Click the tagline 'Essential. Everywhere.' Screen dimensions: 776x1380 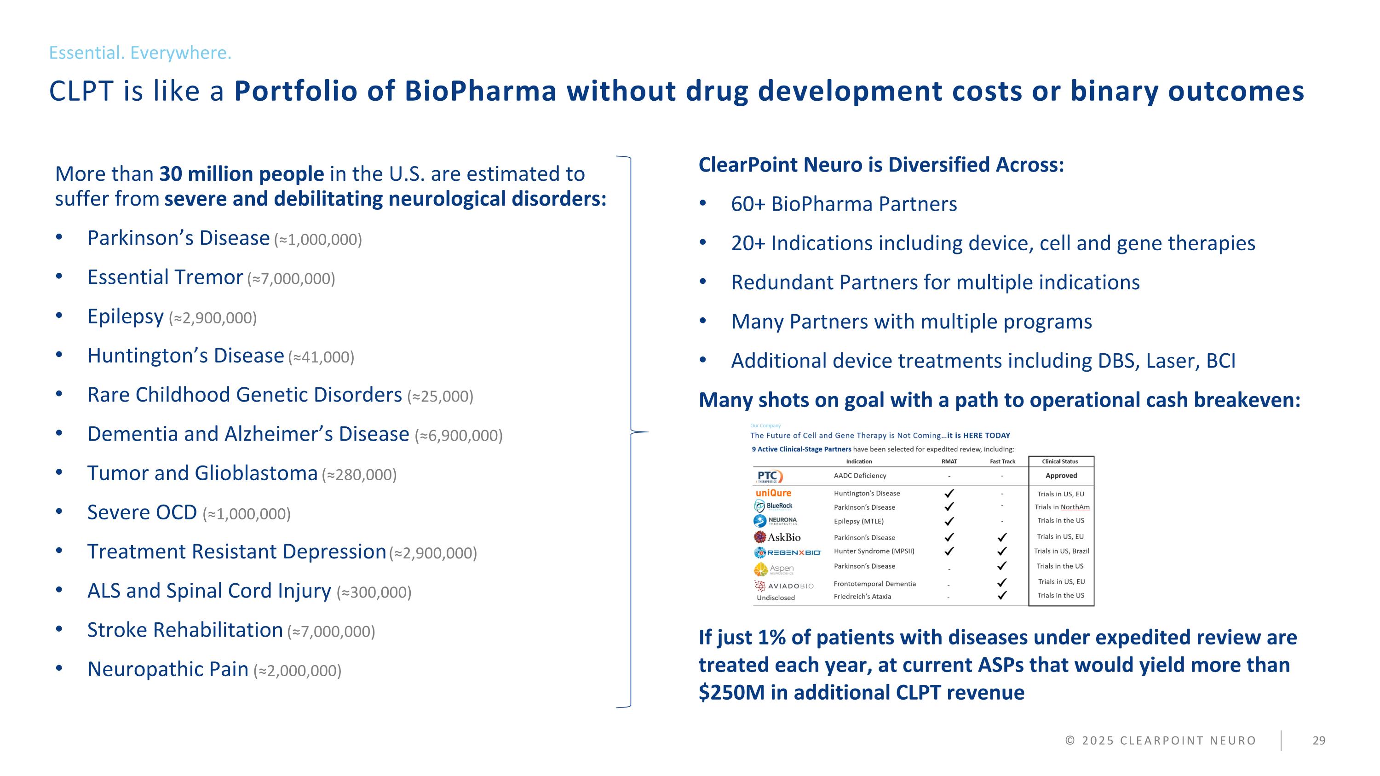coord(140,52)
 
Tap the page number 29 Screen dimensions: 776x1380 coord(1318,741)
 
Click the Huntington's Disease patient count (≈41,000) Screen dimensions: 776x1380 coord(321,357)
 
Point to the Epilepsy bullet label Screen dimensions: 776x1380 coord(126,316)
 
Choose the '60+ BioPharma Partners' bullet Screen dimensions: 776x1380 coord(844,204)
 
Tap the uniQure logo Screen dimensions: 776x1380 coord(773,493)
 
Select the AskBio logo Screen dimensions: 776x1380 coord(777,537)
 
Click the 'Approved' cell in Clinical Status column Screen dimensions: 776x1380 coord(1061,476)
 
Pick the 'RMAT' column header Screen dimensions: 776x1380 coord(949,462)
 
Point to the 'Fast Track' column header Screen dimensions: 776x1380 coord(1002,462)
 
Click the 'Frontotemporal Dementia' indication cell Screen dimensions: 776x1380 coord(874,584)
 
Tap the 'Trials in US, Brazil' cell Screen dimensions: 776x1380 coord(1061,551)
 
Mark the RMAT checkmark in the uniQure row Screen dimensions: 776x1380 coord(949,493)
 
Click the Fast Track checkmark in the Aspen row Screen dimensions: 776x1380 coord(1002,565)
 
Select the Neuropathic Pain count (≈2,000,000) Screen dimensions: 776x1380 coord(297,671)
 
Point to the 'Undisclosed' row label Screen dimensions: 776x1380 coord(775,598)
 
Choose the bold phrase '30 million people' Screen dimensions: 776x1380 coord(241,174)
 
